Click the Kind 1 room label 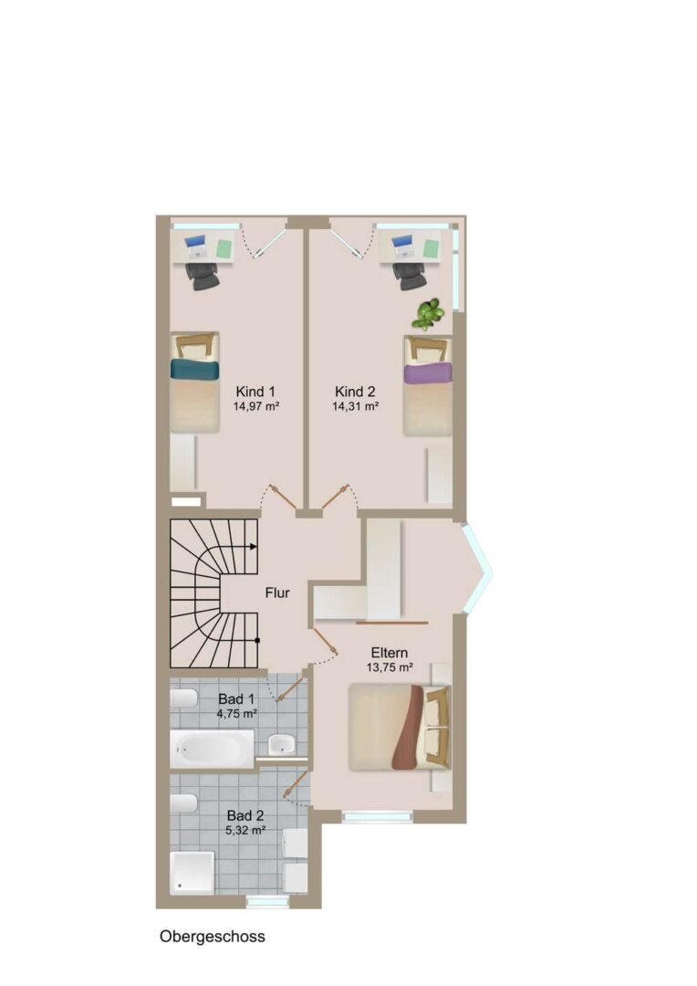(x=255, y=391)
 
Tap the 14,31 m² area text (x=355, y=406)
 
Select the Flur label (x=277, y=593)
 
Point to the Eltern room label (x=389, y=653)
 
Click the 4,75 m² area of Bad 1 (x=237, y=714)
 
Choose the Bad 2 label (x=245, y=815)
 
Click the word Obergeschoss (x=213, y=937)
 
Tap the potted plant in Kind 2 (x=427, y=314)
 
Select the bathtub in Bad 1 (x=212, y=749)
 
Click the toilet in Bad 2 (x=183, y=803)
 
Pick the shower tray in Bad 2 (x=192, y=872)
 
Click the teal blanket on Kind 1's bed (x=195, y=369)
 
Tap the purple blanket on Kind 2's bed (x=428, y=372)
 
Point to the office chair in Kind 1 (x=202, y=275)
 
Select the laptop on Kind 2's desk (x=401, y=246)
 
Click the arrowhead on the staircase (x=254, y=547)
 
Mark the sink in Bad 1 (x=281, y=745)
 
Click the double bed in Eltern (x=400, y=727)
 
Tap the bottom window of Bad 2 (x=267, y=902)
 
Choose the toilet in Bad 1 (x=183, y=698)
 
